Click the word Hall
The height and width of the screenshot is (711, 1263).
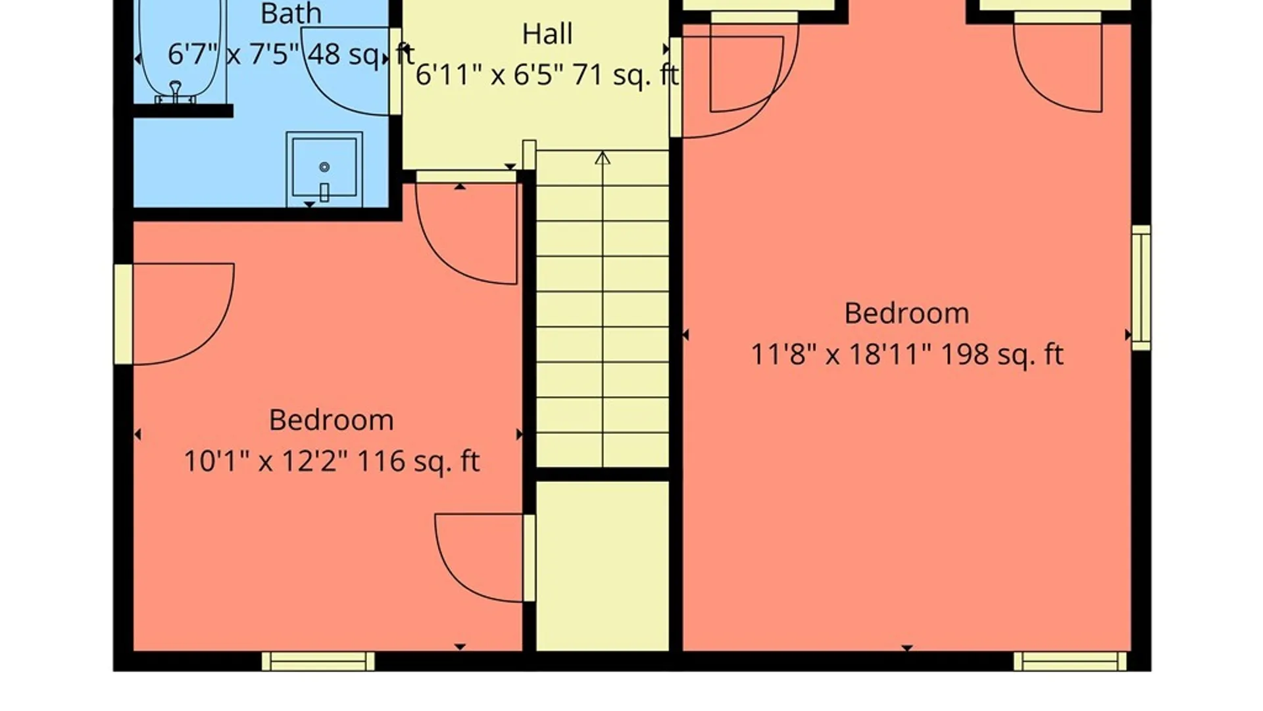(547, 34)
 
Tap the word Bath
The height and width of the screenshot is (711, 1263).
(291, 14)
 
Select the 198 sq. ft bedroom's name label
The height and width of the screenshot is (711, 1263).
(906, 313)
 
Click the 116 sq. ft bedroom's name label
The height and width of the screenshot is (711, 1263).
(331, 420)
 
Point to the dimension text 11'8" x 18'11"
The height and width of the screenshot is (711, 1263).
(841, 354)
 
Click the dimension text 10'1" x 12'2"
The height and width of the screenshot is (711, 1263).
(265, 461)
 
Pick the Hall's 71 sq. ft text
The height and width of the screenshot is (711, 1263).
(625, 74)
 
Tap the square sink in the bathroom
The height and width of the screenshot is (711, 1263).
(324, 169)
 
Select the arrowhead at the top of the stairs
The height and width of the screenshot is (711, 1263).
(602, 158)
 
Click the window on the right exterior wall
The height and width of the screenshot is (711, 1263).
(1141, 288)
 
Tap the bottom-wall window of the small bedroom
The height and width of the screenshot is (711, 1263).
(318, 661)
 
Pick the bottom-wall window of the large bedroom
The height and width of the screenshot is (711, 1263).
(1070, 661)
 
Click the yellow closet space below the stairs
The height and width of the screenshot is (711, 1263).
(603, 566)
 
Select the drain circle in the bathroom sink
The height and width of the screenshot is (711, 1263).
(324, 167)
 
